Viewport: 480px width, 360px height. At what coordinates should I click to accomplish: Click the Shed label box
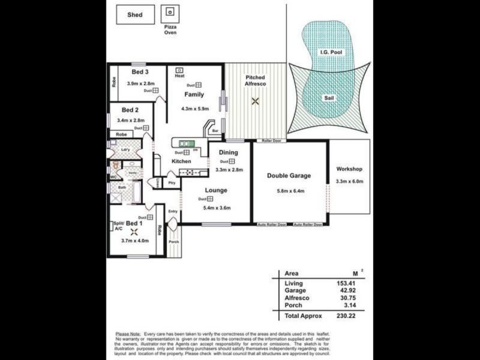click(x=134, y=14)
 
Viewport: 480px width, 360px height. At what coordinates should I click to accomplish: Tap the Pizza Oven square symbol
click(x=170, y=12)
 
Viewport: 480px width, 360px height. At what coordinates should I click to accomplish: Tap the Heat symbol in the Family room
click(x=179, y=70)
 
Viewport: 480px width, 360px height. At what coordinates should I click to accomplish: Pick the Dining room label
click(x=228, y=152)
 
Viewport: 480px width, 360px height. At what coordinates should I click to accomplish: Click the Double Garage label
click(x=289, y=176)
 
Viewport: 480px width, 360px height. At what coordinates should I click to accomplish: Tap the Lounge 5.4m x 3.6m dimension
click(x=217, y=208)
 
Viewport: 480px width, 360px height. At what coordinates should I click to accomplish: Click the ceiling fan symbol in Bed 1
click(x=134, y=232)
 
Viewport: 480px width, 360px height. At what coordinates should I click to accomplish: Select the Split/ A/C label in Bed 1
click(x=118, y=226)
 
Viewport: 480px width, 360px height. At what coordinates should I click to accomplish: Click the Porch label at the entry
click(x=173, y=242)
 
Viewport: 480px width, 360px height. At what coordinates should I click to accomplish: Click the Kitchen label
click(x=182, y=161)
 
